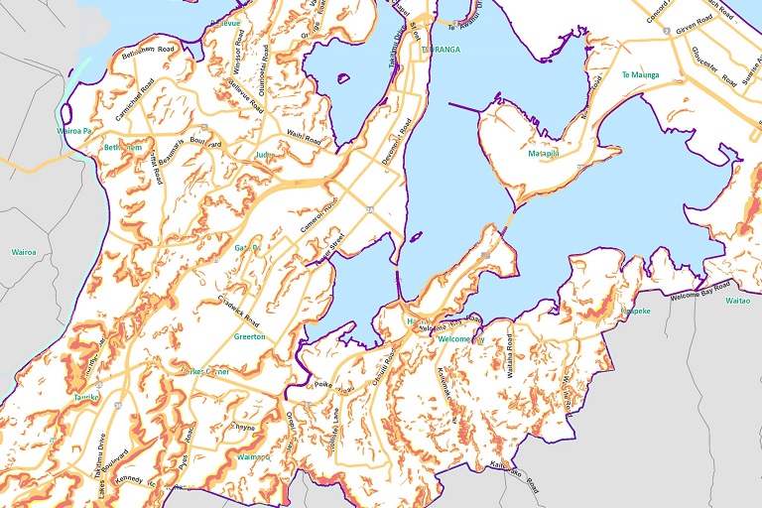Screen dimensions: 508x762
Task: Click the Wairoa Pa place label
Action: click(74, 131)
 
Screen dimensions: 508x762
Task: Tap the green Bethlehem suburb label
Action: click(123, 148)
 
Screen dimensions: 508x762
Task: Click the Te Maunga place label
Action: click(640, 74)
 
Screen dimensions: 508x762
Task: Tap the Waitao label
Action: click(738, 300)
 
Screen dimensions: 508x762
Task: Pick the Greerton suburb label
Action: click(249, 337)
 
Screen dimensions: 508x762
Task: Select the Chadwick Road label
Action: click(239, 310)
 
